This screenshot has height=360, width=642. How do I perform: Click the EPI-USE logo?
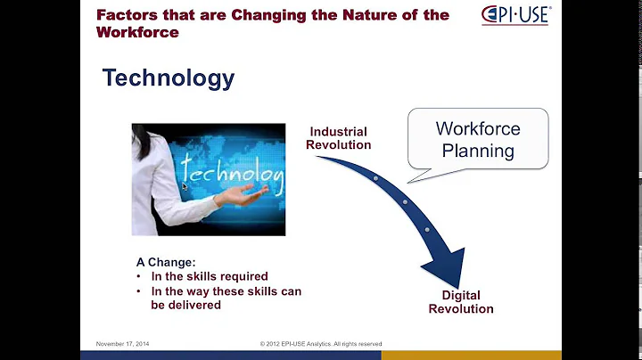tap(516, 15)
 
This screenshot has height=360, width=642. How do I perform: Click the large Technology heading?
tap(168, 78)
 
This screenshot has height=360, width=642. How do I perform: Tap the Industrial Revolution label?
tap(338, 138)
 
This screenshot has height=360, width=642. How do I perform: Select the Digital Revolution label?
tap(460, 302)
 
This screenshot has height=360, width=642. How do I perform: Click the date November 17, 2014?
tap(123, 343)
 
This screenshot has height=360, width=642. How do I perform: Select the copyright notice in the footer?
tap(320, 343)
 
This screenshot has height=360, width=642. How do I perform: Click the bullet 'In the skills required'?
tap(209, 276)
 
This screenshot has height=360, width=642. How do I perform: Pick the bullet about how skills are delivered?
tap(226, 298)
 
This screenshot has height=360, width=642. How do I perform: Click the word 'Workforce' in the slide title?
tap(137, 32)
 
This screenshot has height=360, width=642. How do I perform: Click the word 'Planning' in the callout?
tap(478, 151)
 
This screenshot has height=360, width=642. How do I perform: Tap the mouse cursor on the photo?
tap(185, 187)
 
